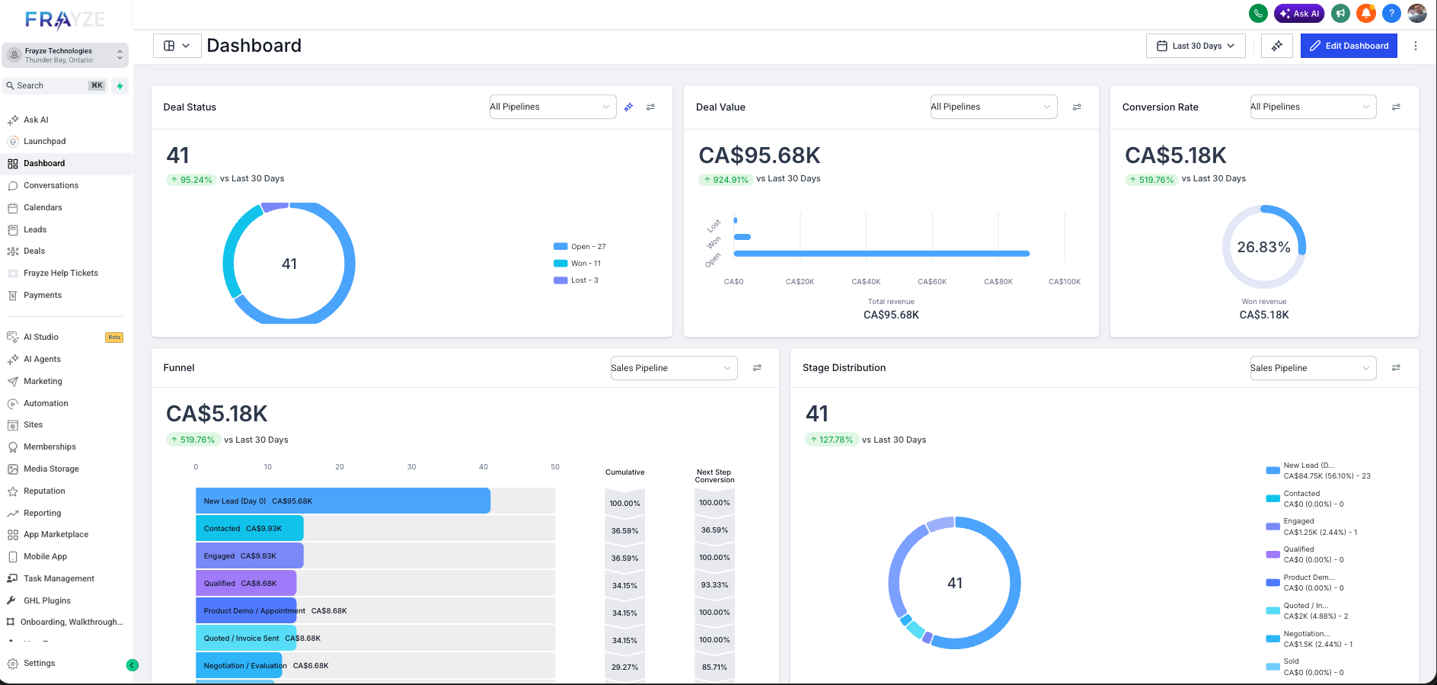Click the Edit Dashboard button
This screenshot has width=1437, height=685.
[x=1348, y=46]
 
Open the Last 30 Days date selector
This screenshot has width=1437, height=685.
[x=1196, y=46]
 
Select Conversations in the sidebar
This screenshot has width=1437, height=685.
[x=50, y=185]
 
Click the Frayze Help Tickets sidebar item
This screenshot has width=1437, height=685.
[x=60, y=273]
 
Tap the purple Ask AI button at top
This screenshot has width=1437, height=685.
[x=1299, y=14]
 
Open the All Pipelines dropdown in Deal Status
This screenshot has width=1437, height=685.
[x=551, y=107]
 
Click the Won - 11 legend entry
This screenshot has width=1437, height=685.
[x=585, y=264]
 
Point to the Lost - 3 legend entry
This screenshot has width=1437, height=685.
[x=583, y=280]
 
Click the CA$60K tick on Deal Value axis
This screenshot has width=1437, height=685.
[x=932, y=282]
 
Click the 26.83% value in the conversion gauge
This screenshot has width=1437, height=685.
[x=1263, y=247]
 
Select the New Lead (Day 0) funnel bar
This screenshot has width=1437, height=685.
[x=343, y=501]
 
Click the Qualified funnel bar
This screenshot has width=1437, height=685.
[x=245, y=583]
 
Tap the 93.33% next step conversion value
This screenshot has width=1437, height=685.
[x=714, y=585]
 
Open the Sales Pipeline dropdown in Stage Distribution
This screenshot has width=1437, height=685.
[x=1312, y=368]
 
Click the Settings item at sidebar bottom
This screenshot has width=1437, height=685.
[x=39, y=663]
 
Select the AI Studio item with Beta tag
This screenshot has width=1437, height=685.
[x=41, y=337]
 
